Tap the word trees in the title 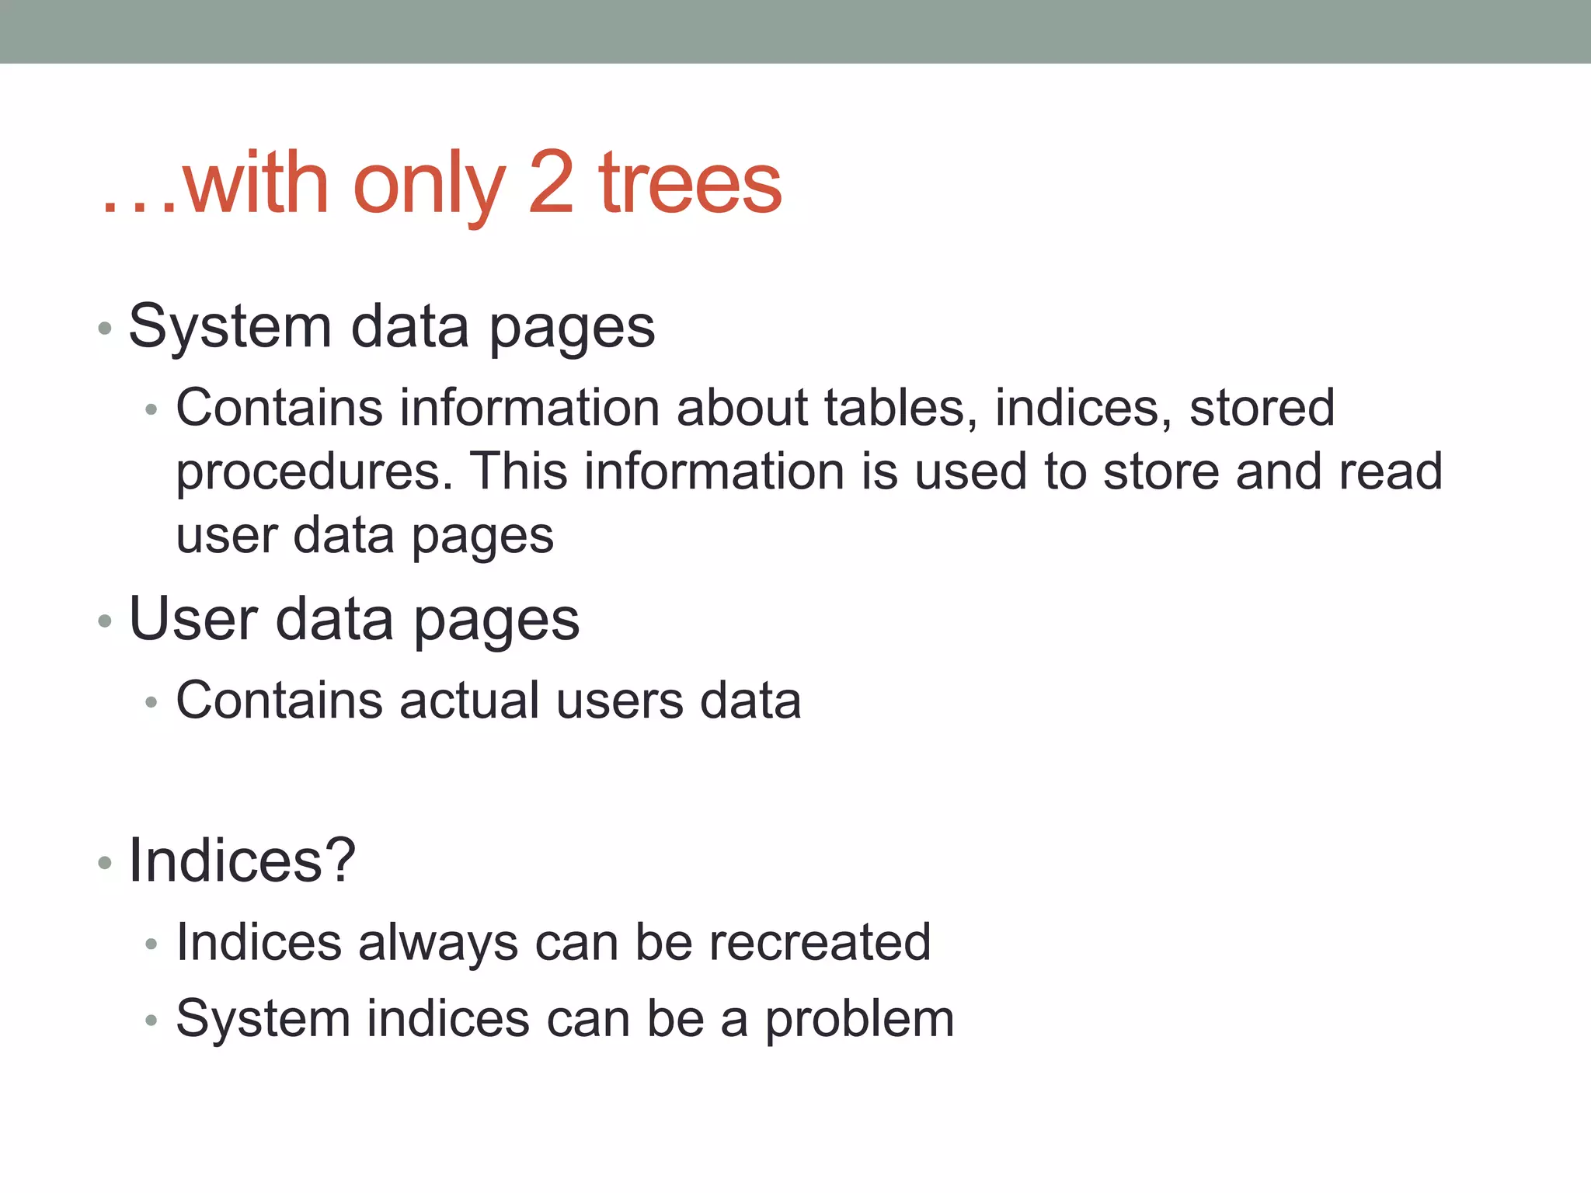coord(690,184)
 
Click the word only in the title coord(429,186)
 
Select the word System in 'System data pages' coord(230,327)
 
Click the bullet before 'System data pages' coord(106,329)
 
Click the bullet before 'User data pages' coord(106,621)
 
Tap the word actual coord(469,700)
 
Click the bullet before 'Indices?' coord(106,863)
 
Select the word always coord(437,944)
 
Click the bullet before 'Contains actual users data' coord(151,702)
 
